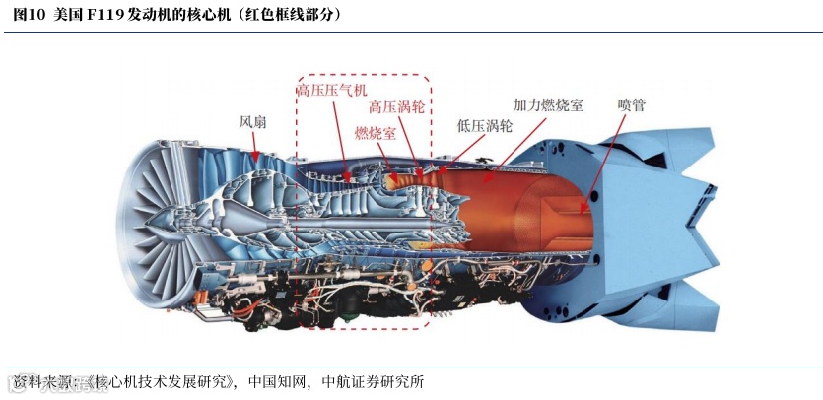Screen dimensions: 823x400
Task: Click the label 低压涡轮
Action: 484,126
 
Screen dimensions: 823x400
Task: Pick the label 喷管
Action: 632,103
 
